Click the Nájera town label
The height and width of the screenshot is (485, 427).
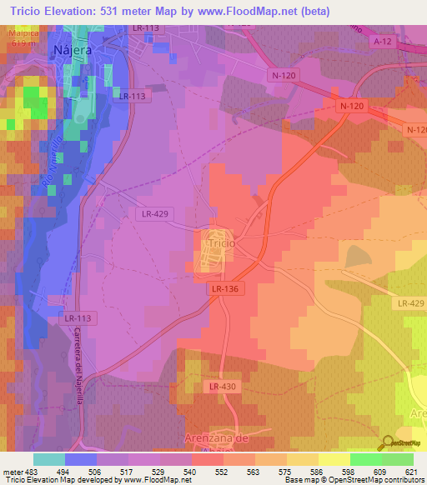coord(72,49)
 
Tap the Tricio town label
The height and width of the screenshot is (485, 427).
coord(218,243)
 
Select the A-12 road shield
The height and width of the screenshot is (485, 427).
coord(383,41)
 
